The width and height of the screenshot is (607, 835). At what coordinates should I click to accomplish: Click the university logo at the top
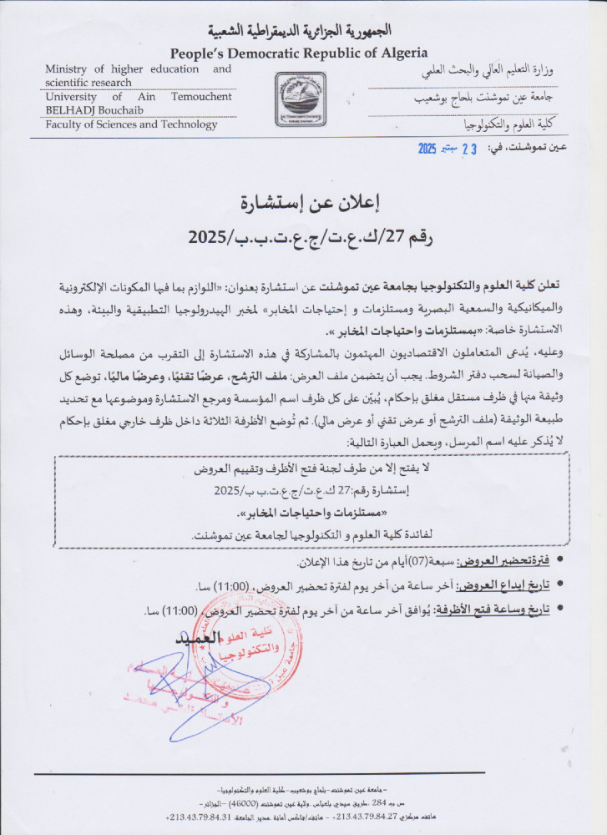click(301, 99)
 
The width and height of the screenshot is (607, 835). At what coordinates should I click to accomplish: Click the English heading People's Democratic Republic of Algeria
click(299, 53)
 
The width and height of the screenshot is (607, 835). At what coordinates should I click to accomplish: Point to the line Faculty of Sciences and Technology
click(131, 124)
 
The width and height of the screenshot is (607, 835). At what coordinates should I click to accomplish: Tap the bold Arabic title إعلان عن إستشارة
click(302, 202)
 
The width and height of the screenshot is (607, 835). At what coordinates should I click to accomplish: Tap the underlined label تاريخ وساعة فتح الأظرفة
click(490, 610)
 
